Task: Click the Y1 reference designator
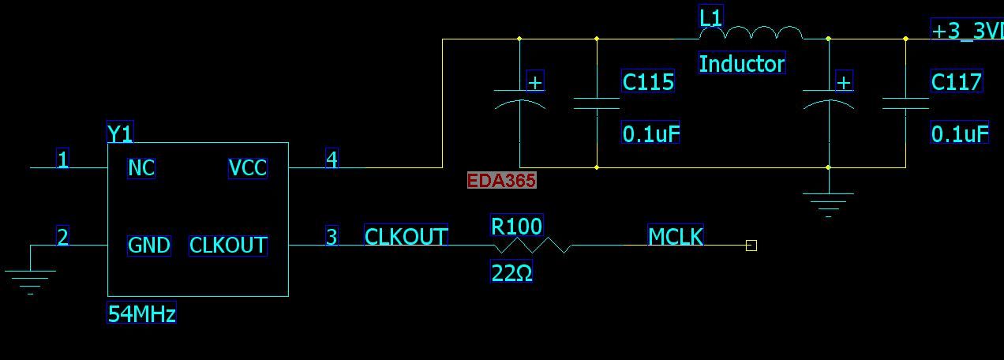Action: coord(120,133)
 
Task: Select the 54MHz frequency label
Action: coord(141,313)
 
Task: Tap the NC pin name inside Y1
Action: coord(141,168)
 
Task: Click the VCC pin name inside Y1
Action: coord(247,168)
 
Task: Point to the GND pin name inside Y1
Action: coord(149,246)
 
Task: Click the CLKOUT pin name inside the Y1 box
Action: coord(228,246)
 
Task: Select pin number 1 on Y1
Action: coord(63,159)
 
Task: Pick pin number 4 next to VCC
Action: coord(332,159)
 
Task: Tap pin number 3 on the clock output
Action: coord(332,236)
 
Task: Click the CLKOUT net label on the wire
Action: coord(406,236)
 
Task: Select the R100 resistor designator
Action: coord(517,226)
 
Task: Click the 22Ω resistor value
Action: coord(511,272)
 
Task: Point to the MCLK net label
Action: coord(676,236)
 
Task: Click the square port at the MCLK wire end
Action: coord(751,246)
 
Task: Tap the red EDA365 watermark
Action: coord(501,180)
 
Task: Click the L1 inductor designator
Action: coord(710,17)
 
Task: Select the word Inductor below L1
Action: coord(742,63)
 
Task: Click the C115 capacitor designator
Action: coord(648,81)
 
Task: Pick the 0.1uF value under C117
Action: coord(960,133)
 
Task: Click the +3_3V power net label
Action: coord(967,30)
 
